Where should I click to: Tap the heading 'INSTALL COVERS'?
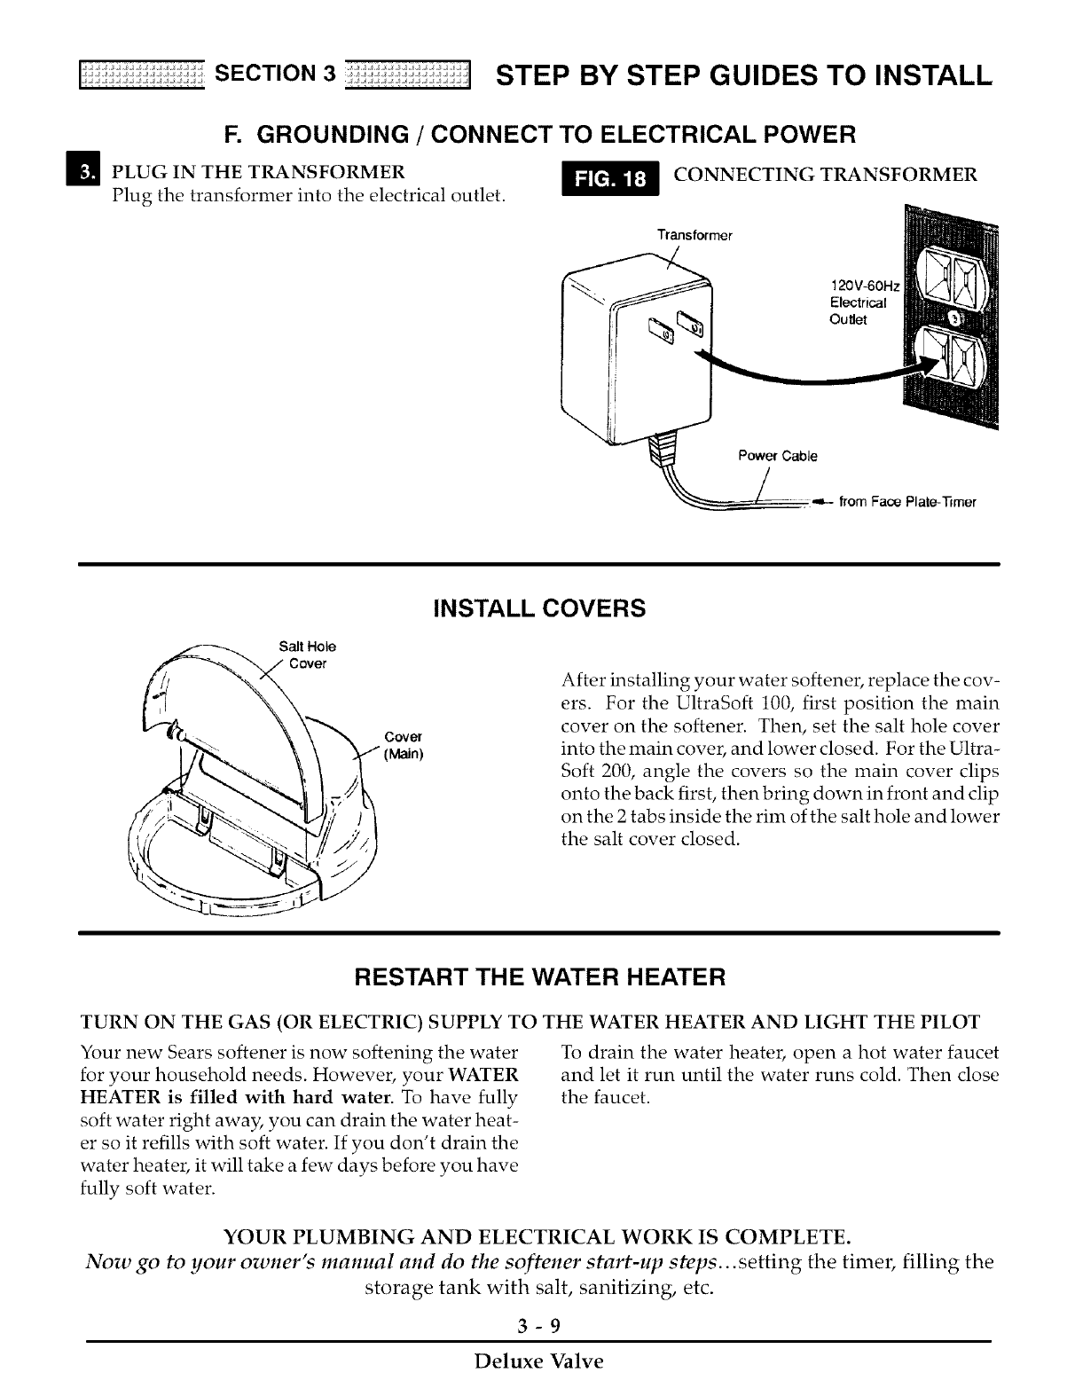pos(538,609)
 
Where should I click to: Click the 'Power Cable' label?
pos(778,457)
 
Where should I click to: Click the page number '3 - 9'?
pos(538,1326)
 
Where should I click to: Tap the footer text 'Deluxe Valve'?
pos(538,1361)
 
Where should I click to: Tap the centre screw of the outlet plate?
pos(956,316)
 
